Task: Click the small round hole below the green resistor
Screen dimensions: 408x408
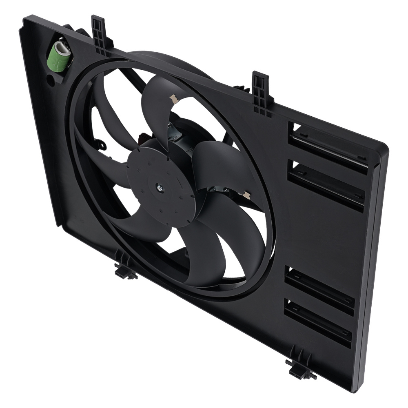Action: (50, 80)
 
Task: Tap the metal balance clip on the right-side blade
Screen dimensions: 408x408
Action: (246, 195)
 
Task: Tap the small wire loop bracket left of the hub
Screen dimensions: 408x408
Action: (100, 144)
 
